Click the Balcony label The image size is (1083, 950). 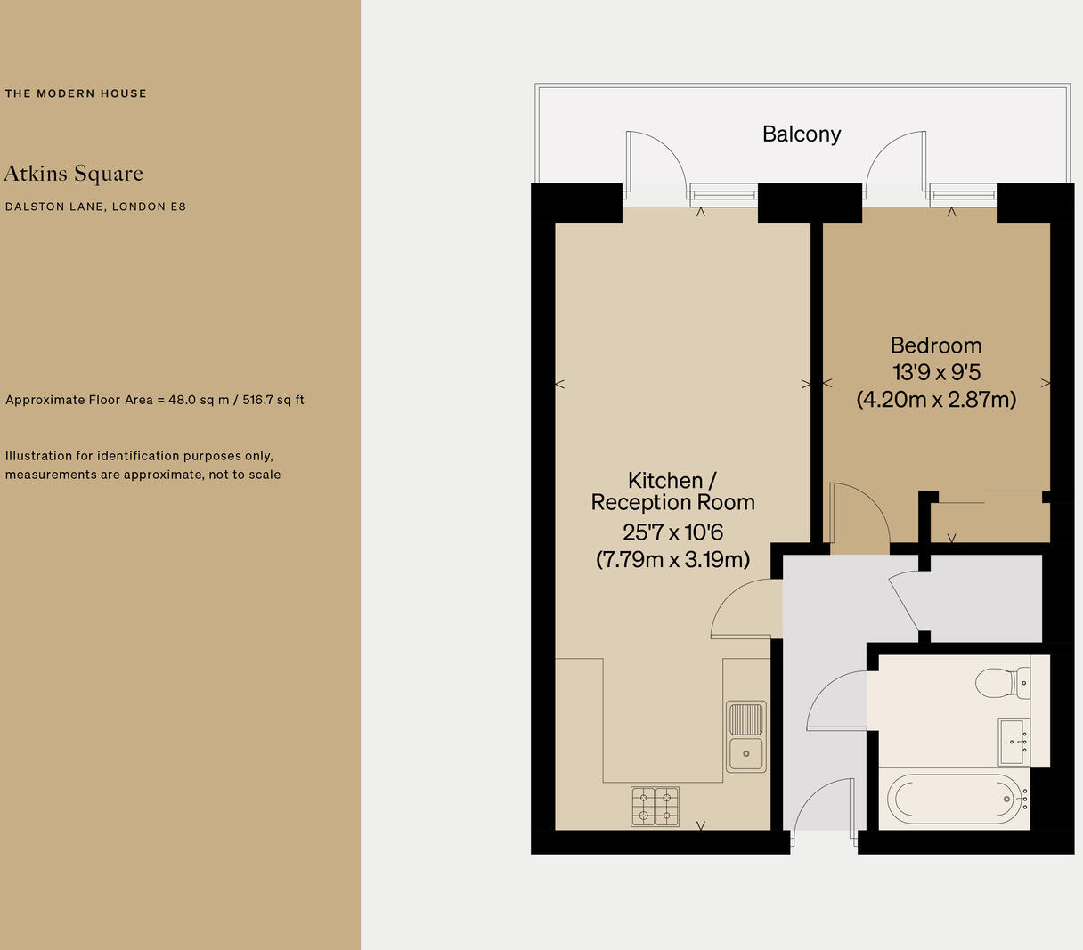coord(801,134)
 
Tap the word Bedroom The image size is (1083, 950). coord(935,345)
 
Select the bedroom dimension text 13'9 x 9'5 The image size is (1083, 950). coord(936,372)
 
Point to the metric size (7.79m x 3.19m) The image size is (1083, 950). coord(672,559)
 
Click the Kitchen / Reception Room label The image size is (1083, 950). coord(672,491)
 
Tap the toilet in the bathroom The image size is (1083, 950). coord(1000,683)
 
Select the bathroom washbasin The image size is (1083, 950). coord(1014,742)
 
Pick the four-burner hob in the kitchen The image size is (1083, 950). coord(655,807)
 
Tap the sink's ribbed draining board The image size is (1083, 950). coord(746,719)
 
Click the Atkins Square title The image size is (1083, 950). coord(73,174)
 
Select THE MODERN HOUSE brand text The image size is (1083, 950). coord(76,93)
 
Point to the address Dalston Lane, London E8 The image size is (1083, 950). coord(95,207)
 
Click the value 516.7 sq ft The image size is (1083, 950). coord(273,400)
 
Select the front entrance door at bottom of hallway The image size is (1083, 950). coord(824,806)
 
